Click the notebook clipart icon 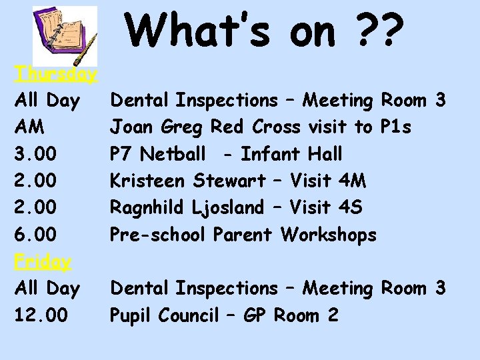point(65,36)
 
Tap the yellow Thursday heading point(56,73)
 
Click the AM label point(29,127)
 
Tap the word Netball point(175,154)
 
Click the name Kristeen point(149,181)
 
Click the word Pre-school point(158,235)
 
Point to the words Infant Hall point(291,154)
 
